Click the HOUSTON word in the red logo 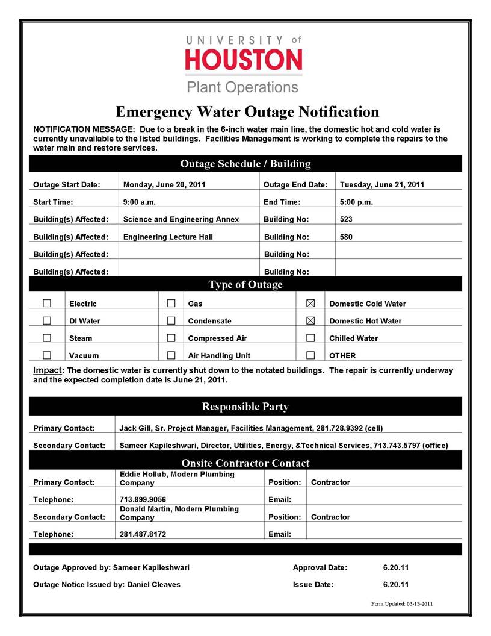coord(244,60)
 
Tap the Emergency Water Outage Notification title coord(247,112)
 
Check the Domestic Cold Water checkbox coord(311,303)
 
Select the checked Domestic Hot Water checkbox coord(311,320)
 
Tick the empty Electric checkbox coord(47,303)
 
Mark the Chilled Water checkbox coord(311,338)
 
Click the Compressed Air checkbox coord(171,338)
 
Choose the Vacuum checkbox coord(47,355)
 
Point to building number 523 coord(347,219)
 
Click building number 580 coord(347,237)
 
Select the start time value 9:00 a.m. coord(140,202)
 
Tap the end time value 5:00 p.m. coord(357,202)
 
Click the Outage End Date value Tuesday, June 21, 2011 coord(382,184)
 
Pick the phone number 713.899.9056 coord(143,499)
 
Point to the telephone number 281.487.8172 coord(143,534)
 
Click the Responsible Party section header coord(245,407)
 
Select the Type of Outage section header coord(245,284)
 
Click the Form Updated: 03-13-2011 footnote coord(401,603)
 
